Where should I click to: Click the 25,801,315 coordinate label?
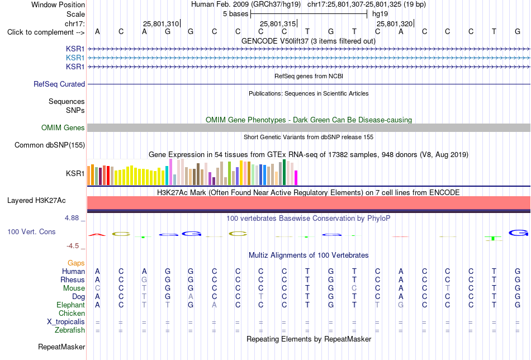278,23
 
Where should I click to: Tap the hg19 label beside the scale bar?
380,14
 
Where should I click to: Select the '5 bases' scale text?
235,14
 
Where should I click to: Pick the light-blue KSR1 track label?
75,58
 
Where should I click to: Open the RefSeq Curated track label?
59,84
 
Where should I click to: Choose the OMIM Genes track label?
63,127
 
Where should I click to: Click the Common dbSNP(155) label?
49,145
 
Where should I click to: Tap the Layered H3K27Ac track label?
36,201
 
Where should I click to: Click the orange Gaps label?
76,263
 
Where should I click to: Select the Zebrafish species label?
70,330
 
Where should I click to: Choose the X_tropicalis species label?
66,322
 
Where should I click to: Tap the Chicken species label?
72,313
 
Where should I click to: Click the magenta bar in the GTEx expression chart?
296,178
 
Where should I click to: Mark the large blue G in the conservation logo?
519,233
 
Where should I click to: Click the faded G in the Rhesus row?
144,280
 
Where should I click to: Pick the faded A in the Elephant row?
214,305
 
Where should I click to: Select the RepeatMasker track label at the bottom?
61,347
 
